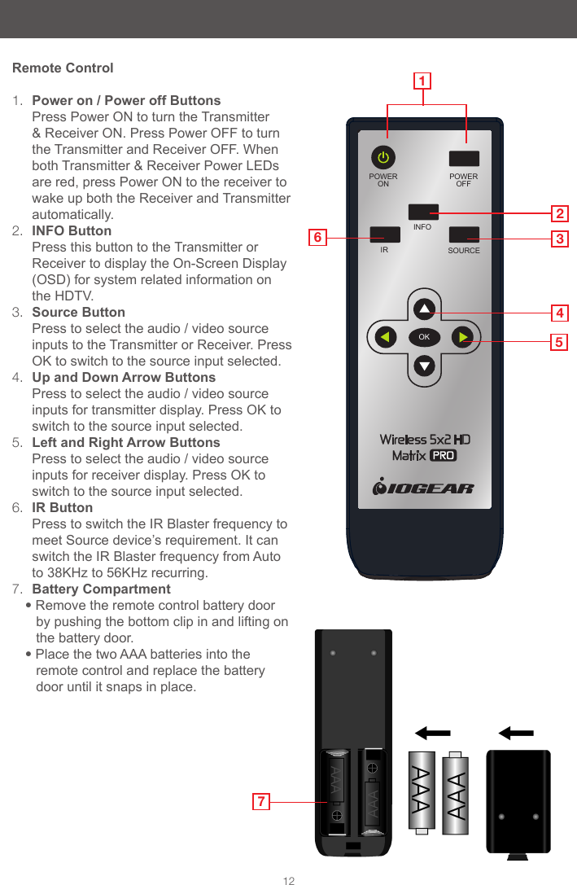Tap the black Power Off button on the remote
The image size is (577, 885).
point(464,158)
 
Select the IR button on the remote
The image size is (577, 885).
point(384,234)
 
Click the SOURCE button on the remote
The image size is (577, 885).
point(464,234)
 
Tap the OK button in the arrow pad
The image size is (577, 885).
point(423,336)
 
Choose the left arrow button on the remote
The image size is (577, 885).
point(386,336)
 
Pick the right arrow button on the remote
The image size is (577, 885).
point(461,336)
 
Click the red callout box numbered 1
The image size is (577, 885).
point(422,81)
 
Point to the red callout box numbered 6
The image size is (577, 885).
point(319,238)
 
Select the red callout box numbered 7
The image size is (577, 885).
point(260,802)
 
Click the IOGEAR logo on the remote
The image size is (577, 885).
point(423,489)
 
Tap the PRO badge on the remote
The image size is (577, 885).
point(443,456)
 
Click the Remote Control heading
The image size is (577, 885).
point(63,68)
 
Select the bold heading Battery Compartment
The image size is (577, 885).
point(101,589)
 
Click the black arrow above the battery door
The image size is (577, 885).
point(516,733)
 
